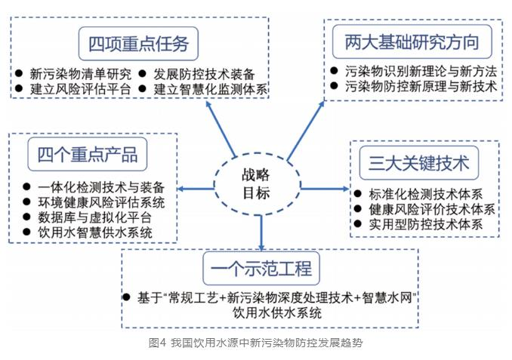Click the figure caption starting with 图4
coord(256,343)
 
